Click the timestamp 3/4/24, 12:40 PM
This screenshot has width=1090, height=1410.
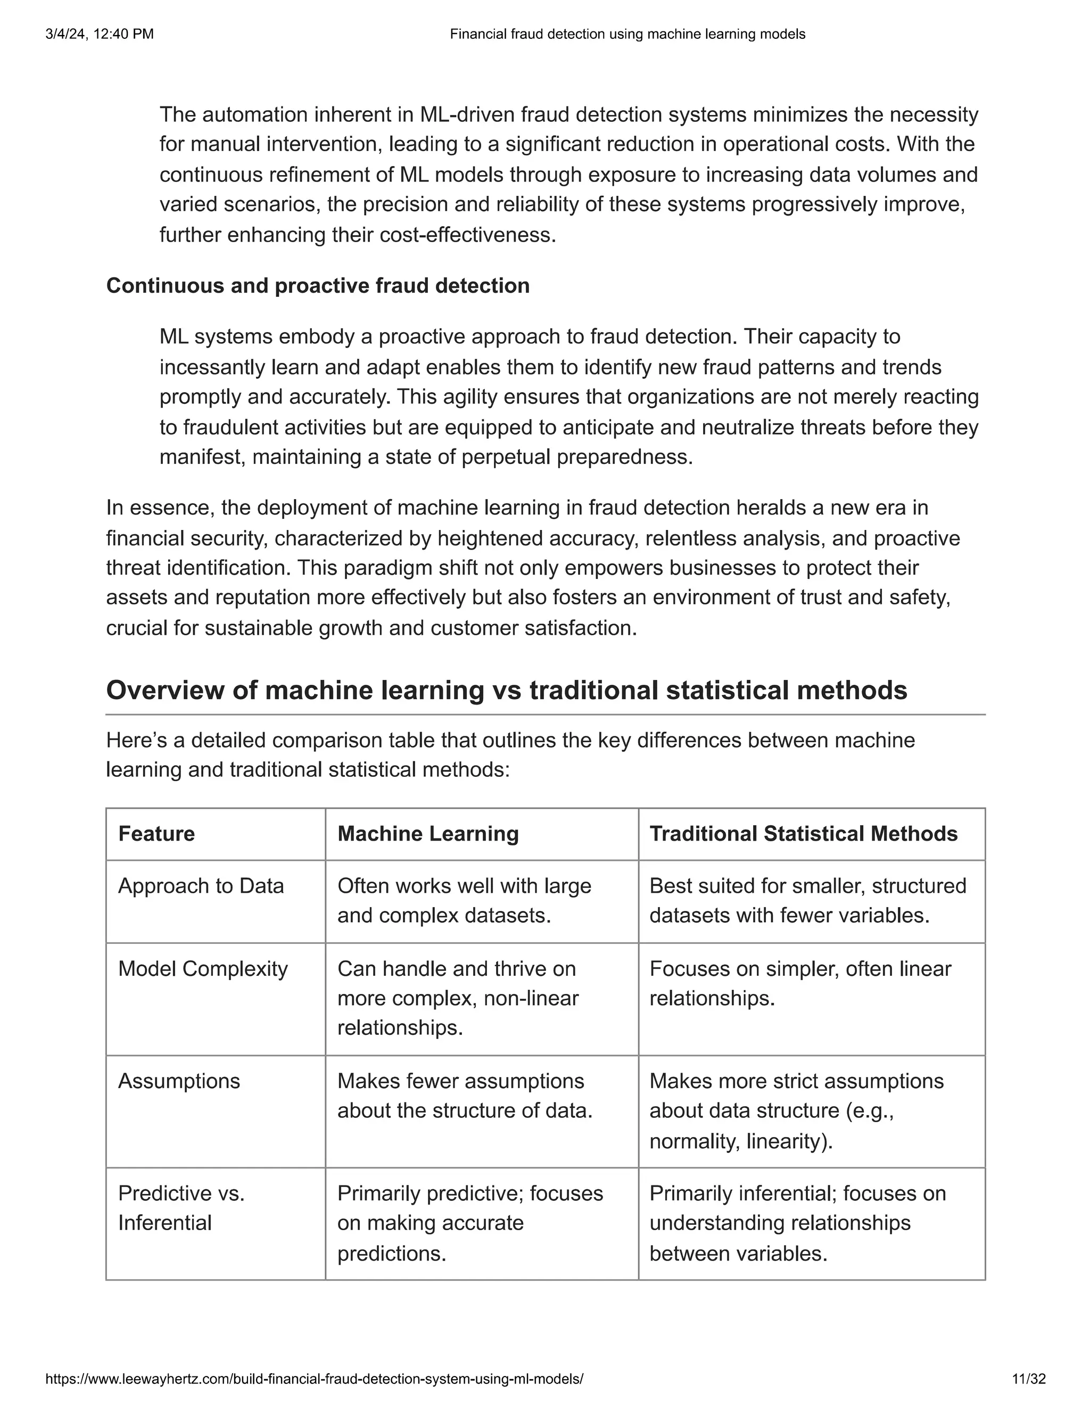[x=100, y=34]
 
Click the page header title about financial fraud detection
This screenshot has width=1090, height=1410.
[x=627, y=34]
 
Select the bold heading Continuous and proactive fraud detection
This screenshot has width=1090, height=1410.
[x=318, y=285]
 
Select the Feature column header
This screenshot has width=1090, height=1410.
[x=156, y=833]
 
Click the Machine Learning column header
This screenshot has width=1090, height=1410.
[x=427, y=833]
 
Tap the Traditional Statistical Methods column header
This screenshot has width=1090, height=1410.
[x=803, y=833]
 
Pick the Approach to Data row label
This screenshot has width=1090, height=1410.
[x=201, y=886]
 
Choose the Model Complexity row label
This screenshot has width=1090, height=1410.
[x=203, y=968]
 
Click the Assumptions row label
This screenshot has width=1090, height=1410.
[x=179, y=1081]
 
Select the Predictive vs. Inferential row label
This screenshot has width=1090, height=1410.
[x=181, y=1208]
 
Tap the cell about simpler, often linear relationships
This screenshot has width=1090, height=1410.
[x=799, y=983]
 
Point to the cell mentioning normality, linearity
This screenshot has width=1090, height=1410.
[x=796, y=1111]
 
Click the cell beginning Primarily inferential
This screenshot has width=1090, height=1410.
[x=797, y=1223]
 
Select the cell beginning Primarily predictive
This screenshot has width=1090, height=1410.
[x=469, y=1223]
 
